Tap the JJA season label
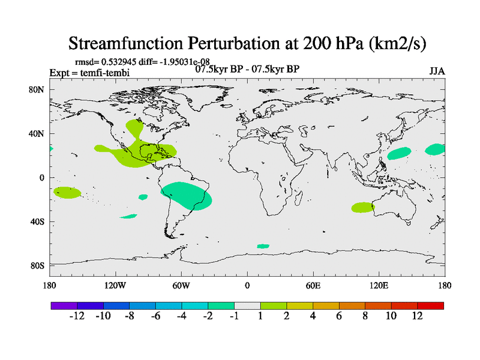[x=437, y=71]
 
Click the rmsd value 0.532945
[x=116, y=62]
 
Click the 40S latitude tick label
[x=38, y=221]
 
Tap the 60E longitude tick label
[x=313, y=285]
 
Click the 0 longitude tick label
[x=247, y=285]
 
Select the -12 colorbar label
[x=77, y=316]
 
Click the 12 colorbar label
[x=417, y=316]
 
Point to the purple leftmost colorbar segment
[x=64, y=305]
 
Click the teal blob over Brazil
[x=187, y=196]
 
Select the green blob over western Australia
[x=363, y=207]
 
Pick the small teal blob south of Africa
[x=263, y=246]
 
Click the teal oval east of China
[x=399, y=153]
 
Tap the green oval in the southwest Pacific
[x=67, y=192]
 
